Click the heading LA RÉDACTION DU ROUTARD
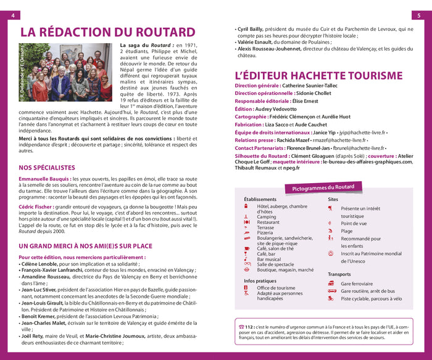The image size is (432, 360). pyautogui.click(x=108, y=33)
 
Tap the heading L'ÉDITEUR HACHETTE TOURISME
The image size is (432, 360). pyautogui.click(x=318, y=75)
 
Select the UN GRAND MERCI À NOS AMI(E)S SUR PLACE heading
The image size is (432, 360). pyautogui.click(x=85, y=246)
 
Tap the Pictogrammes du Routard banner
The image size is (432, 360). pyautogui.click(x=323, y=187)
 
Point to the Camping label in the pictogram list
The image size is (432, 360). pyautogui.click(x=267, y=217)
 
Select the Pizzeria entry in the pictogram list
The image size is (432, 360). pyautogui.click(x=268, y=233)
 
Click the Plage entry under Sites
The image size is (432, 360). pyautogui.click(x=347, y=231)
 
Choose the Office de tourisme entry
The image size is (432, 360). pyautogui.click(x=276, y=288)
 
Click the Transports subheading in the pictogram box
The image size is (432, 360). pyautogui.click(x=339, y=274)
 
